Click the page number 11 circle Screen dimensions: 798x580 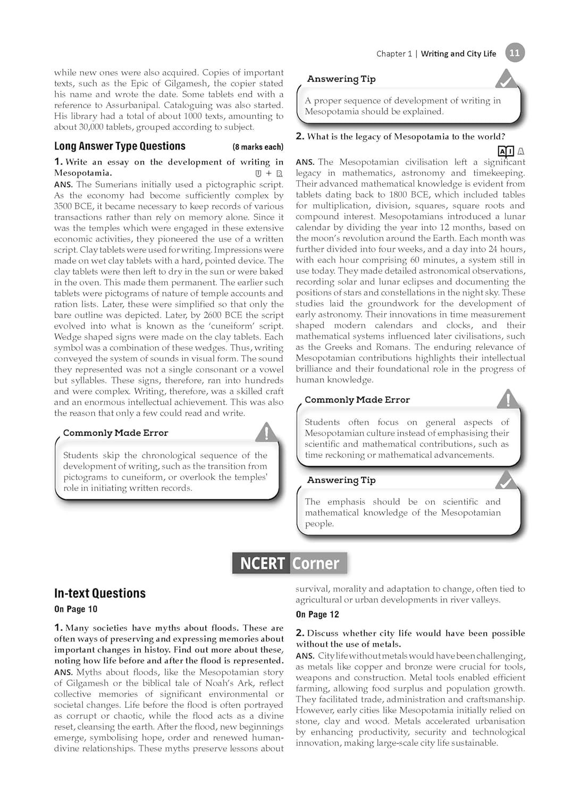514,53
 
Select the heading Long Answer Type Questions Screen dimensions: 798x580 120,146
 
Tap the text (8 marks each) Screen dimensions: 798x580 258,147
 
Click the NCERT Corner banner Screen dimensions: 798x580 290,563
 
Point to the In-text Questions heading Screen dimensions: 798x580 100,593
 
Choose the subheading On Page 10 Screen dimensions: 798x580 75,609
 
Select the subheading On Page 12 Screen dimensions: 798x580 317,614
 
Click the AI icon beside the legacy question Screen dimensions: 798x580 506,151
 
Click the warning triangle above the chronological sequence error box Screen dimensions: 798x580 266,432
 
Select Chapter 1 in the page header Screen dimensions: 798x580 394,54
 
